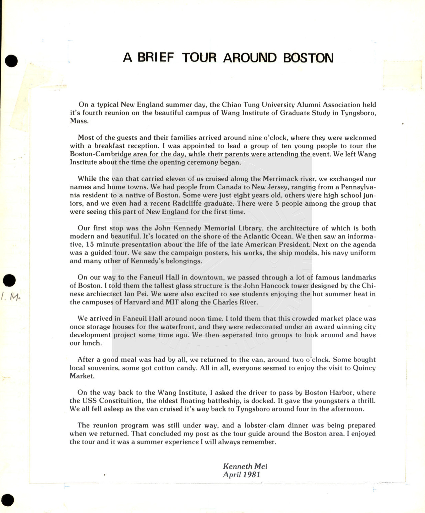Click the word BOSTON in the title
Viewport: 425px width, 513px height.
pyautogui.click(x=308, y=58)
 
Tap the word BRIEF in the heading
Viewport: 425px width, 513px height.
pyautogui.click(x=156, y=58)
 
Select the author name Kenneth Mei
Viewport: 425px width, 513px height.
pyautogui.click(x=245, y=466)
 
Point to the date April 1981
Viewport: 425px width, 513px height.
pyautogui.click(x=241, y=475)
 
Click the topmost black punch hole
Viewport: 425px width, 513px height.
pyautogui.click(x=11, y=61)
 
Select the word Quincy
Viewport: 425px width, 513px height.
pyautogui.click(x=364, y=368)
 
